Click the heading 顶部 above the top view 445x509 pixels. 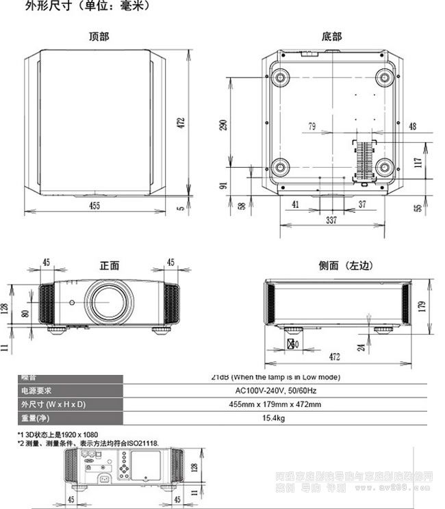[99, 36]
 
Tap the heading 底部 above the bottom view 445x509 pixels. [331, 36]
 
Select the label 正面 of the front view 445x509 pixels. [110, 265]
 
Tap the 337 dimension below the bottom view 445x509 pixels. [331, 220]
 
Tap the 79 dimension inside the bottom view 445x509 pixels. [312, 127]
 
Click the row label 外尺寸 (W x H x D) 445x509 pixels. [52, 404]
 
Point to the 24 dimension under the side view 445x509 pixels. [361, 347]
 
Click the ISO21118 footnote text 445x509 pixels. [88, 443]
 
